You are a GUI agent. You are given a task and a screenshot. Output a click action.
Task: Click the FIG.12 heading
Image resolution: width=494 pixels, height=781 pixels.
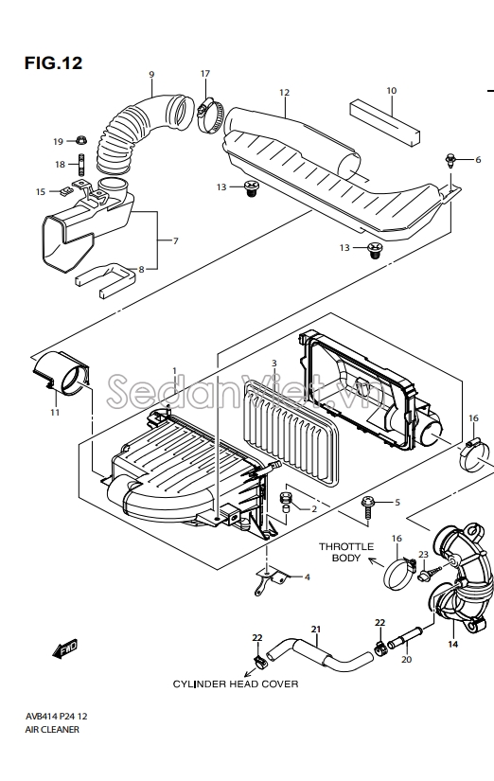53,63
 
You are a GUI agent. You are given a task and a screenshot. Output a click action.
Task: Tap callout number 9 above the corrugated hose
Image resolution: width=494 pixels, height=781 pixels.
151,75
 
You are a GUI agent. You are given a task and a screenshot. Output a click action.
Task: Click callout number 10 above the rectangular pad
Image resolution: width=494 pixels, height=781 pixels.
392,91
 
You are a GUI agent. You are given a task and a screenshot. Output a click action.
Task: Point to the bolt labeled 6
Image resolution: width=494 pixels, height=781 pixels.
450,160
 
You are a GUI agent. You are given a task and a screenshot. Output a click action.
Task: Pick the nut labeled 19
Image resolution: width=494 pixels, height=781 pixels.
80,140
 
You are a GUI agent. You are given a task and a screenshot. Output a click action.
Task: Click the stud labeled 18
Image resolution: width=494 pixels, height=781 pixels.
80,163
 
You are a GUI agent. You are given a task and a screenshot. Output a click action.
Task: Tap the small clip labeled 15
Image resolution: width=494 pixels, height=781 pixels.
64,191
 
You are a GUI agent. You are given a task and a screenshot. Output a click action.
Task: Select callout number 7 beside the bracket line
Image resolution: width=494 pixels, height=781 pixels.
175,241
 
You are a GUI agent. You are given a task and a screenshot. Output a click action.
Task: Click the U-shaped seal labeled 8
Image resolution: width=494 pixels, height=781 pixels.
106,280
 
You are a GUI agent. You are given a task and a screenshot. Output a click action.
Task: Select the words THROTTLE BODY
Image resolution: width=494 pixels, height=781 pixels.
346,552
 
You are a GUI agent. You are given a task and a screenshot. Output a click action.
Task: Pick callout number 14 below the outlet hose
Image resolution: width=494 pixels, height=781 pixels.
452,644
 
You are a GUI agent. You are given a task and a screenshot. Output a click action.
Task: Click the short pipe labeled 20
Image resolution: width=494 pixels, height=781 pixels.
404,638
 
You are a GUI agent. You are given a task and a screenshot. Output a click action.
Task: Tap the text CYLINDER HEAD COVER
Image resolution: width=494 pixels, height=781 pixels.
236,684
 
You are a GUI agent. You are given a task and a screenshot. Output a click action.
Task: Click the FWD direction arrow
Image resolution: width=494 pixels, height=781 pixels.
65,648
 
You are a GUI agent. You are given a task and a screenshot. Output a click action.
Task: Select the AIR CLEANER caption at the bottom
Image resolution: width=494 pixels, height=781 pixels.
52,730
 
